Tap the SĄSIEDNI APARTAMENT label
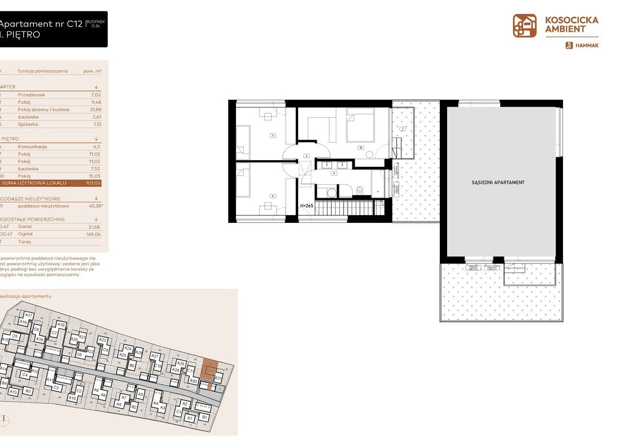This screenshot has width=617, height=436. (x=498, y=183)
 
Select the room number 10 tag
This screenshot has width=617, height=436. (x=362, y=147)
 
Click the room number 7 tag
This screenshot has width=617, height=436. (x=272, y=136)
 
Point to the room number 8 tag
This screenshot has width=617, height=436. (x=272, y=195)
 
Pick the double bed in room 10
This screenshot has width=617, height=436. (x=361, y=124)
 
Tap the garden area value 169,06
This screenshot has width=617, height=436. (x=93, y=234)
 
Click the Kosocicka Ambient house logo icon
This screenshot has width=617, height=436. (x=524, y=26)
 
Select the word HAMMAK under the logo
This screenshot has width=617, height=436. (x=587, y=45)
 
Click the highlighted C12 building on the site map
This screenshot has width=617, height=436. (x=211, y=370)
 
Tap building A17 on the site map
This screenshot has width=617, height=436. (x=29, y=315)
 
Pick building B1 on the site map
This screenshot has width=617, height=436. (x=204, y=417)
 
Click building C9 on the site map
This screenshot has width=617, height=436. (x=106, y=350)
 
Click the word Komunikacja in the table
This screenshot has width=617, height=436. (x=32, y=147)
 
